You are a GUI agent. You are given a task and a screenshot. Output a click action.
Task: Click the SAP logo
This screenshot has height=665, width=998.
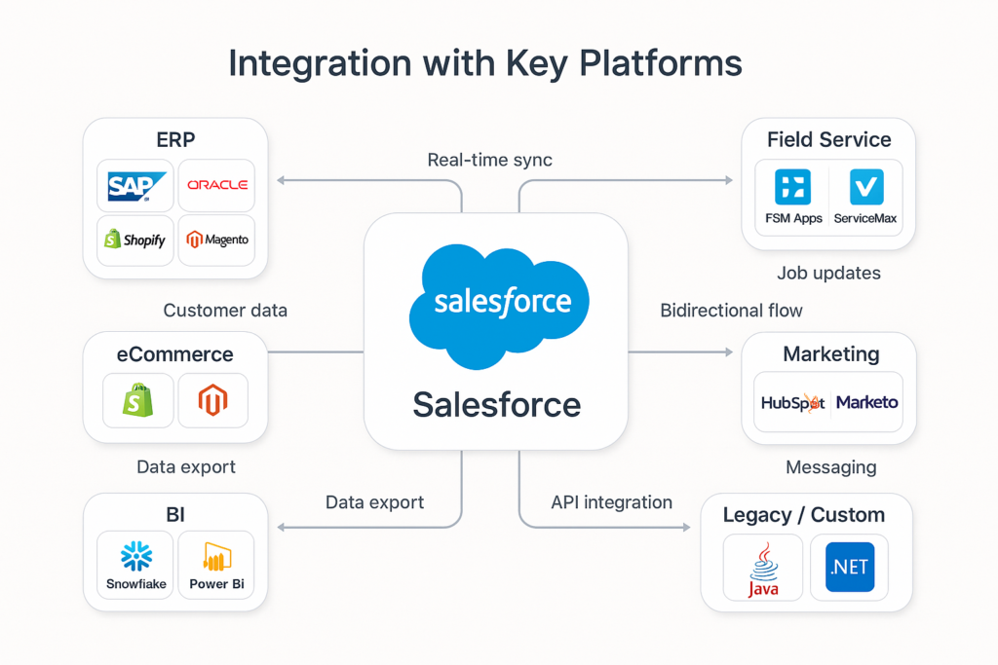pyautogui.click(x=135, y=186)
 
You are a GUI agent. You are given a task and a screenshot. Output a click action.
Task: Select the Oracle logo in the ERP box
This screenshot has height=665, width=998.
pyautogui.click(x=217, y=185)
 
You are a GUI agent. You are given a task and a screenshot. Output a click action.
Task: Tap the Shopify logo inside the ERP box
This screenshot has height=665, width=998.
pyautogui.click(x=135, y=240)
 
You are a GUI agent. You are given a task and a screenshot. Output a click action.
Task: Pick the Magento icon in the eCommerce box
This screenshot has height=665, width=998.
pyautogui.click(x=212, y=400)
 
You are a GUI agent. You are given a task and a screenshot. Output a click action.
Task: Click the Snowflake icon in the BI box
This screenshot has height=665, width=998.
pyautogui.click(x=136, y=556)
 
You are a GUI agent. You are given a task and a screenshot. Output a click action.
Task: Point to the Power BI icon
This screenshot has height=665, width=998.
pyautogui.click(x=216, y=556)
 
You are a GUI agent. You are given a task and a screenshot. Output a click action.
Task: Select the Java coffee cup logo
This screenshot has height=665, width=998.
pyautogui.click(x=763, y=564)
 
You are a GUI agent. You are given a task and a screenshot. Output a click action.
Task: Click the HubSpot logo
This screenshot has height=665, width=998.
pyautogui.click(x=792, y=402)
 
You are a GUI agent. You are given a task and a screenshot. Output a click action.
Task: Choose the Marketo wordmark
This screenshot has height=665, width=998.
pyautogui.click(x=866, y=402)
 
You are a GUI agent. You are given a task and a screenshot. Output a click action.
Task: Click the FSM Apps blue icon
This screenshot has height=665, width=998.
pyautogui.click(x=792, y=187)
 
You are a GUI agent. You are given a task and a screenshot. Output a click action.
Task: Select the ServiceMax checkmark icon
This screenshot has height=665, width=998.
pyautogui.click(x=865, y=187)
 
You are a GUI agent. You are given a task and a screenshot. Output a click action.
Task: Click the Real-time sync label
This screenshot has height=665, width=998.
pyautogui.click(x=489, y=160)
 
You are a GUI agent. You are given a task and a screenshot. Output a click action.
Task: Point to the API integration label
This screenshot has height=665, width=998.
pyautogui.click(x=611, y=502)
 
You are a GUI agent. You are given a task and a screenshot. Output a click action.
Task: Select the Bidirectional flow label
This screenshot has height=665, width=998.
pyautogui.click(x=731, y=311)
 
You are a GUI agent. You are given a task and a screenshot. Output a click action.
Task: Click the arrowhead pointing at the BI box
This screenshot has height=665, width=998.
pyautogui.click(x=282, y=527)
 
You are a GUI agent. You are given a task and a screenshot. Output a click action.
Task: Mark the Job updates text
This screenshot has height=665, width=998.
pyautogui.click(x=828, y=274)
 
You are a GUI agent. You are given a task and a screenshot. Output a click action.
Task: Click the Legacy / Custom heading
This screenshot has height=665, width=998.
pyautogui.click(x=803, y=515)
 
